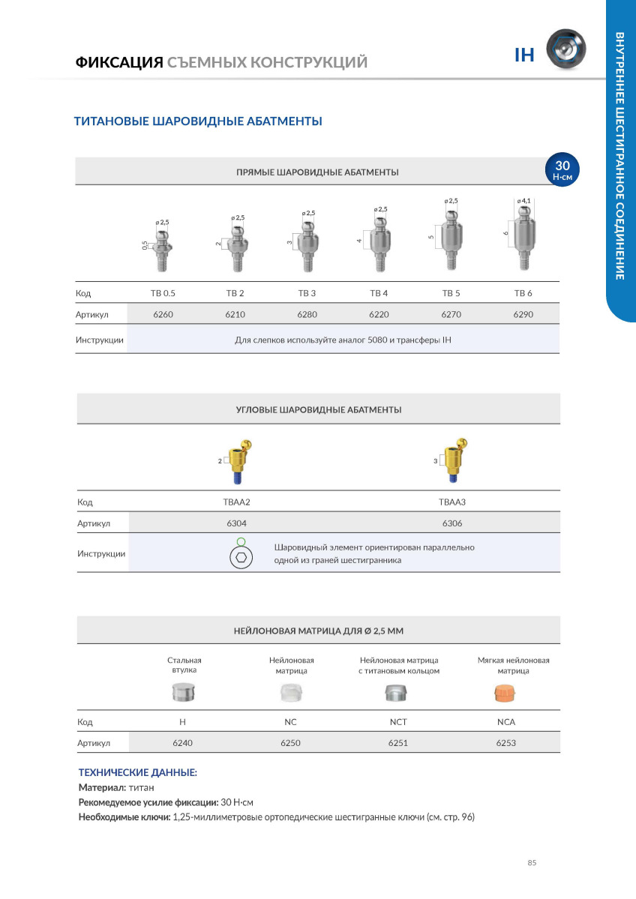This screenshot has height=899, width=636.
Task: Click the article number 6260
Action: click(163, 314)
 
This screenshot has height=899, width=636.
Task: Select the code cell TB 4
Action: click(379, 292)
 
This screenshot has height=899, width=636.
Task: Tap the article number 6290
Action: click(523, 314)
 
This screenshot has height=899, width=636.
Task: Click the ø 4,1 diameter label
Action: click(523, 201)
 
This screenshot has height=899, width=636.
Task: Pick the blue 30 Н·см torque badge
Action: click(562, 169)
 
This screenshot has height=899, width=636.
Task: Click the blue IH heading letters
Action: click(523, 55)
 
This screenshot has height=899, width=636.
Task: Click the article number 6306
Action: click(451, 523)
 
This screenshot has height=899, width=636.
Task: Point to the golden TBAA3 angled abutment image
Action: click(454, 460)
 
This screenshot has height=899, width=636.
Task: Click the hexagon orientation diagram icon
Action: click(239, 556)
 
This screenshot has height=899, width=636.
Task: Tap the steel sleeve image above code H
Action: click(183, 693)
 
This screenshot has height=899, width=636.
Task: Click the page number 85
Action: click(532, 863)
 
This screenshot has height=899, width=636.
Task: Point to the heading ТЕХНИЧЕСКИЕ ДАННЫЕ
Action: click(138, 772)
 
